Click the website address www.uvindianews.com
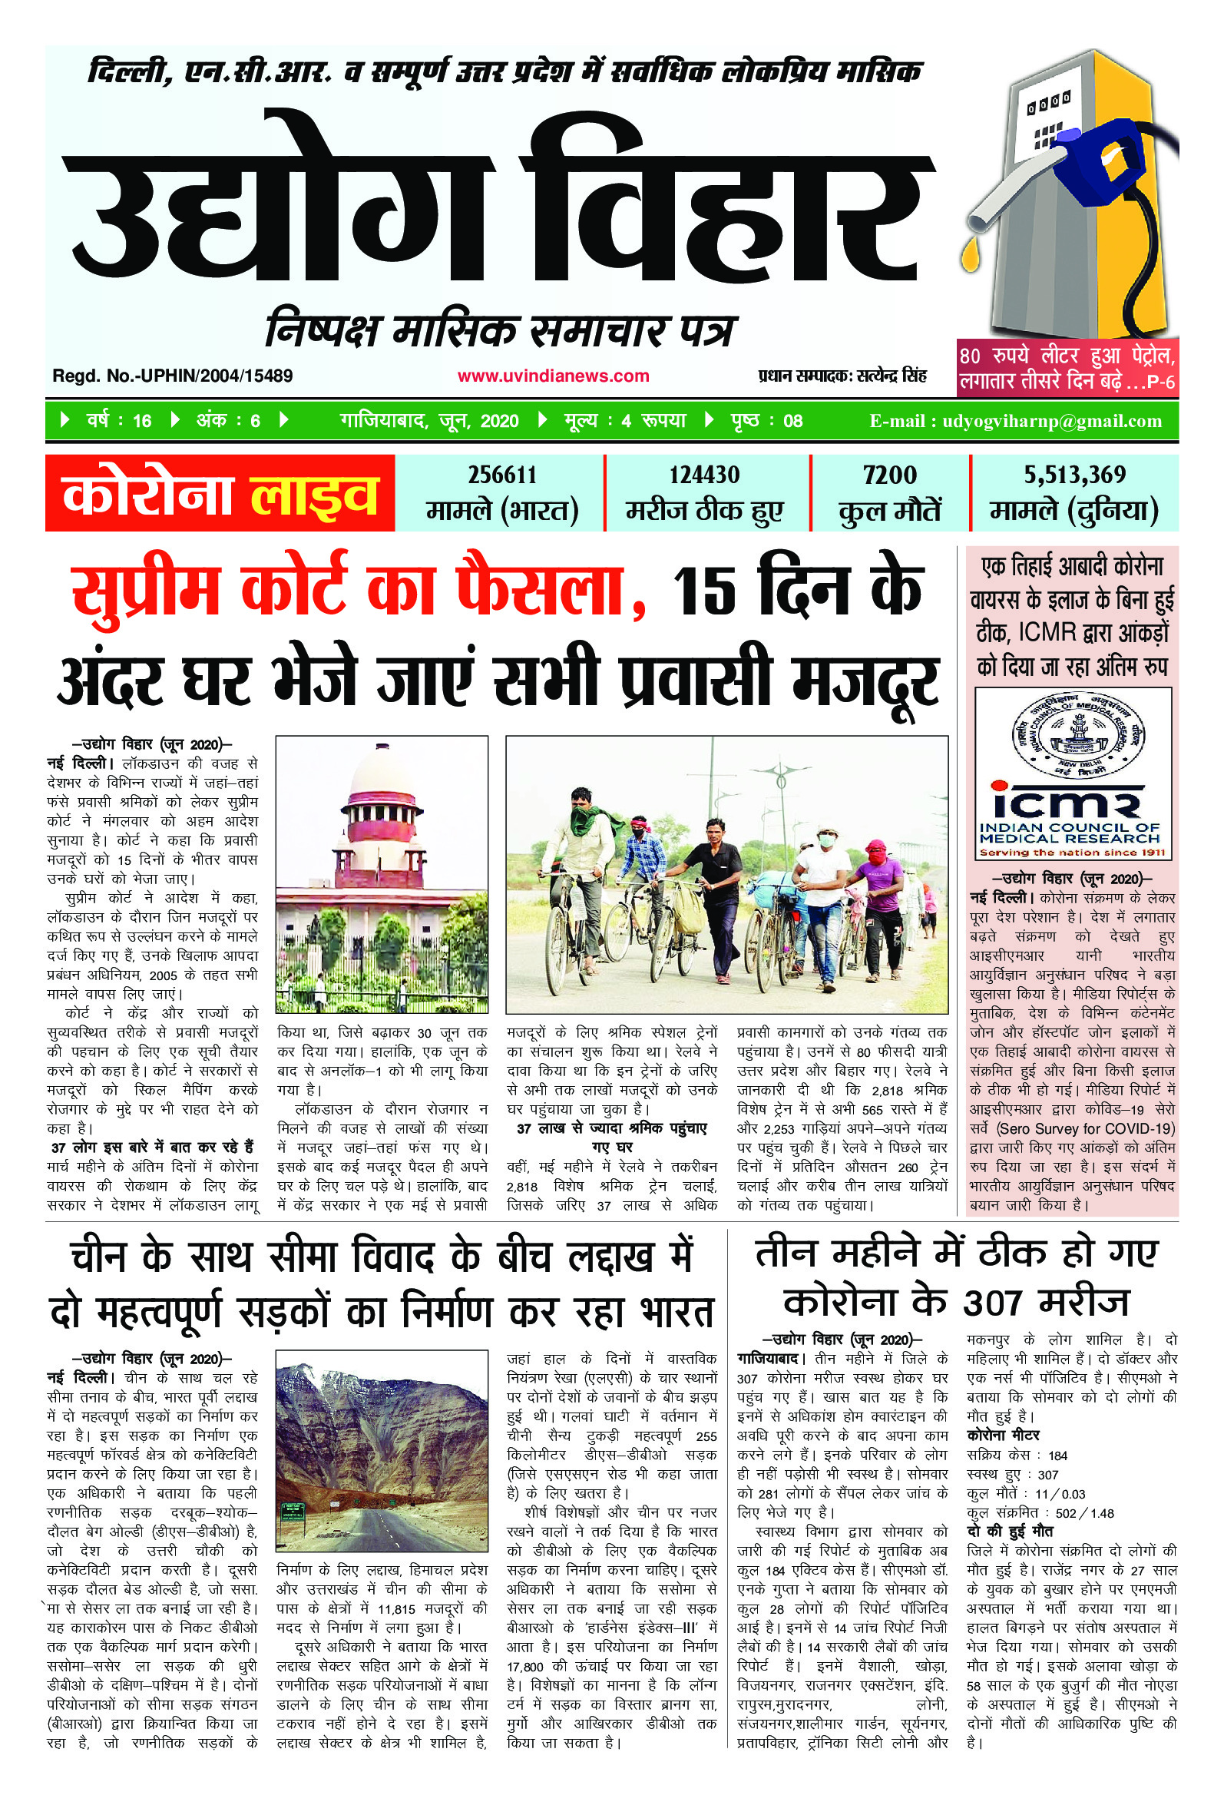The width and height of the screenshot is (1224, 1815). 553,376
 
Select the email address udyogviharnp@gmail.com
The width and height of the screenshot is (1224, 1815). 1051,422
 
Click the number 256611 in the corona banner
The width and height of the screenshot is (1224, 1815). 502,475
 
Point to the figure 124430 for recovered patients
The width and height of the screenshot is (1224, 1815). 704,475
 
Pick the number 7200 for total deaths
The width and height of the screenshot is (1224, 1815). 889,475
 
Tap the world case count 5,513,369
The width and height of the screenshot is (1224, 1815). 1074,475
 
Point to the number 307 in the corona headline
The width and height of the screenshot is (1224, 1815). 991,1303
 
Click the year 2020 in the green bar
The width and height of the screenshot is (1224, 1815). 499,422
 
